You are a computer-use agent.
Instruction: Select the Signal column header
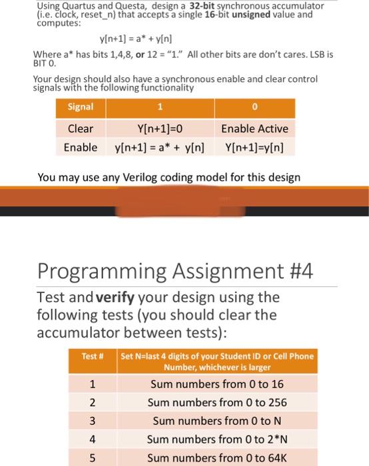(x=81, y=107)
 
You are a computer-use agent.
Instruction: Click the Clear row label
(x=81, y=128)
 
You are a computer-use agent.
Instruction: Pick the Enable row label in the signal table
(x=81, y=146)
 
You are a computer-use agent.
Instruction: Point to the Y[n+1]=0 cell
(x=159, y=128)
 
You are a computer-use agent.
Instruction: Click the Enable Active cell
(x=254, y=128)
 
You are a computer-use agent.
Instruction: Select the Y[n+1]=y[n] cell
(x=254, y=146)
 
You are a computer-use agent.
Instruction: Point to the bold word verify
(x=117, y=297)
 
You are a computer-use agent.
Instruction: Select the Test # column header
(x=93, y=357)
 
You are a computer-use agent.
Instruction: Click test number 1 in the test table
(x=93, y=384)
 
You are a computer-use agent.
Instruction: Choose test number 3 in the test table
(x=93, y=421)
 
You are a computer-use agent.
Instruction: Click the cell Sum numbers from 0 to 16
(x=217, y=384)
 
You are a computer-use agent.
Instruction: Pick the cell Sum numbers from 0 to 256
(x=217, y=402)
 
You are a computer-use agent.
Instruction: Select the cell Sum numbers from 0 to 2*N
(x=217, y=439)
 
